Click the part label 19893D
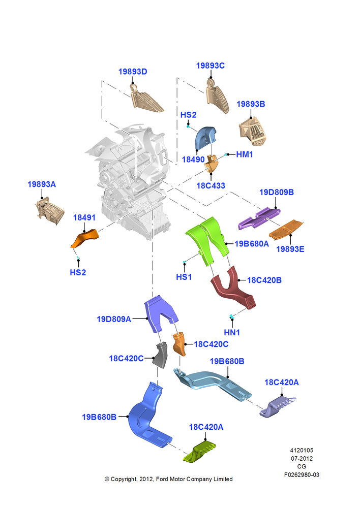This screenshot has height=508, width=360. pyautogui.click(x=133, y=72)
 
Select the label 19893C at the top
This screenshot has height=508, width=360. pyautogui.click(x=210, y=66)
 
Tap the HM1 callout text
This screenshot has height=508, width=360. pyautogui.click(x=245, y=154)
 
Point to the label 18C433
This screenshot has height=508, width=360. pyautogui.click(x=211, y=185)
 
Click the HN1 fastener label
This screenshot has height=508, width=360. pyautogui.click(x=232, y=332)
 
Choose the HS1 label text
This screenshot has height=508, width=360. pyautogui.click(x=184, y=277)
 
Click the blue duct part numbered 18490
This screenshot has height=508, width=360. pyautogui.click(x=205, y=138)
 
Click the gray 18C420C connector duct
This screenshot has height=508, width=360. pyautogui.click(x=161, y=355)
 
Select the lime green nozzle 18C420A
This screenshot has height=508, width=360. pyautogui.click(x=200, y=451)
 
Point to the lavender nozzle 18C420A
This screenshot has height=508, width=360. pyautogui.click(x=277, y=406)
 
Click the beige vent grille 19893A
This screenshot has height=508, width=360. pyautogui.click(x=50, y=210)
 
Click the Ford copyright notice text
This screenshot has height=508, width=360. pyautogui.click(x=169, y=479)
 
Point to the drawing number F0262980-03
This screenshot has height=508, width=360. pyautogui.click(x=302, y=474)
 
